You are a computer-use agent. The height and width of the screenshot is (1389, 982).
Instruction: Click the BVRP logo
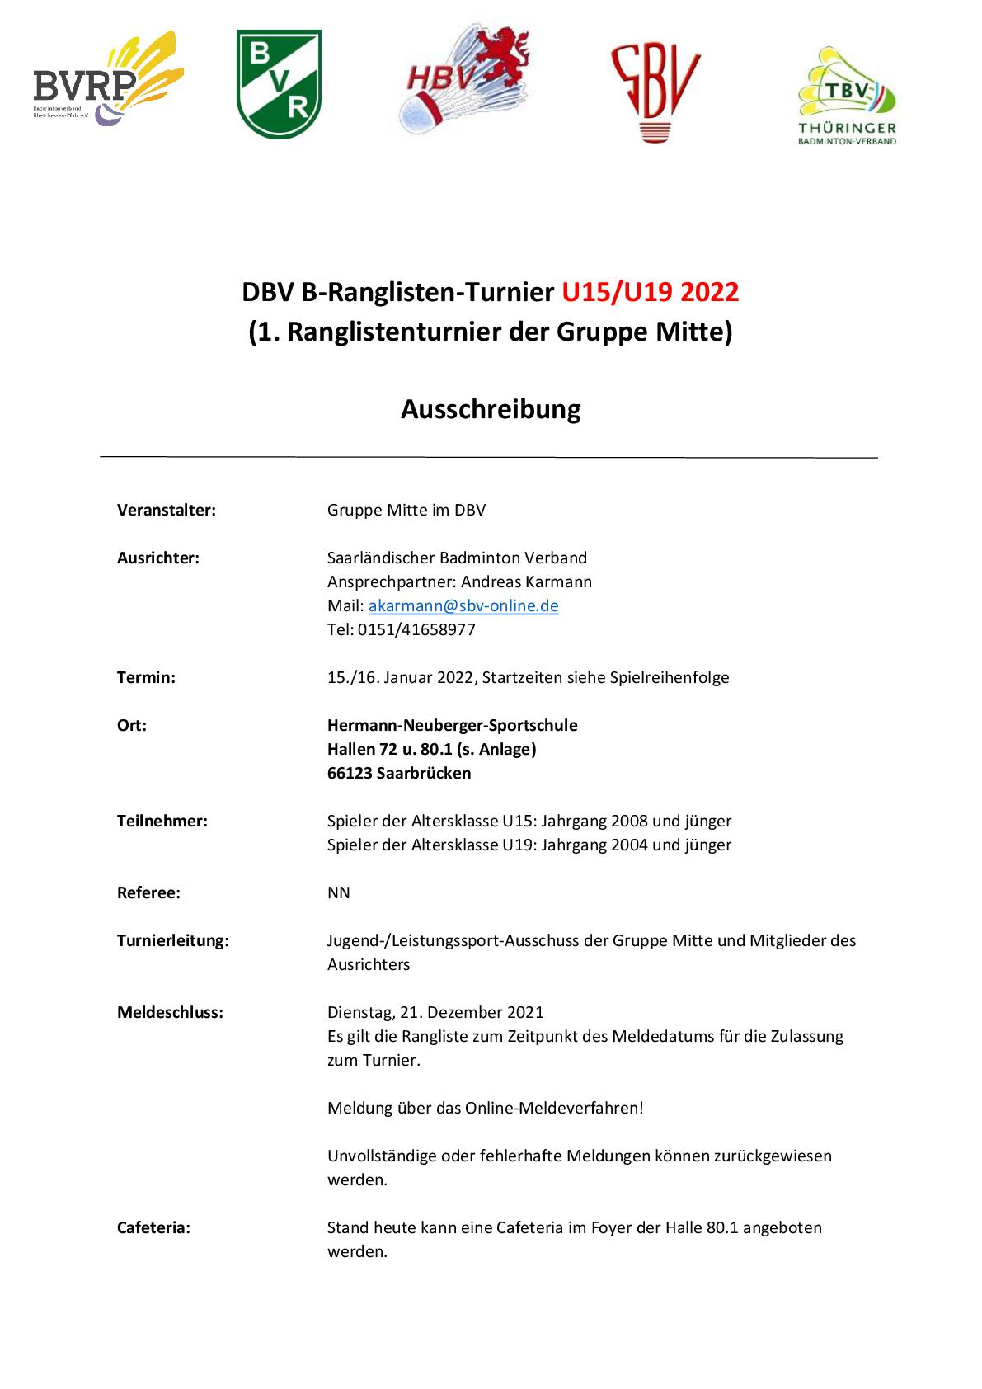[108, 80]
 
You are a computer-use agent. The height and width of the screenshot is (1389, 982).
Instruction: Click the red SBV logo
[655, 91]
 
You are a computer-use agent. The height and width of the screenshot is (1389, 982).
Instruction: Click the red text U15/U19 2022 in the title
[650, 292]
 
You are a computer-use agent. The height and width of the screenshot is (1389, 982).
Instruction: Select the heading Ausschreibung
[491, 409]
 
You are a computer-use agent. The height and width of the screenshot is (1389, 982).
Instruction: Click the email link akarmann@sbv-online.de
[463, 605]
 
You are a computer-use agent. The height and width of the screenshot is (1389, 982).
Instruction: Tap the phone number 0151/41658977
[416, 629]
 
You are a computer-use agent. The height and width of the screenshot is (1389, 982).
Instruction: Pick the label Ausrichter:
[158, 558]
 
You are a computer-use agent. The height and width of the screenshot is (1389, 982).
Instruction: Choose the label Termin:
[146, 677]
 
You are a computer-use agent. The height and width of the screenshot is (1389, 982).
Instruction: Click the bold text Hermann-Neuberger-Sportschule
[452, 725]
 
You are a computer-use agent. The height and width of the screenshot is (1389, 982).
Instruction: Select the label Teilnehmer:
[162, 821]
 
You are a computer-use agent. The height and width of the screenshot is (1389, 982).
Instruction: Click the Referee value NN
[338, 892]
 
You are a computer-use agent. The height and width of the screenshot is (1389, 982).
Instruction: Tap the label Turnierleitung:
[173, 940]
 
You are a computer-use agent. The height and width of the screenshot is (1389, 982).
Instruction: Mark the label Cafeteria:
[153, 1227]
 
